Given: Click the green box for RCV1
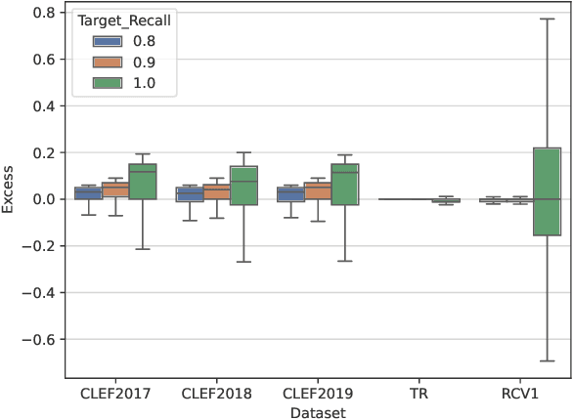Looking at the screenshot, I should pyautogui.click(x=547, y=191).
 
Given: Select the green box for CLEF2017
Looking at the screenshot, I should pyautogui.click(x=143, y=182).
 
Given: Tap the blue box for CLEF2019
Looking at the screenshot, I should pyautogui.click(x=290, y=194).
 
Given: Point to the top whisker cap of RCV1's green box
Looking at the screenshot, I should pyautogui.click(x=547, y=19).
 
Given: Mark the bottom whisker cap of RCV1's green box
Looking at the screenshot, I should pyautogui.click(x=547, y=361).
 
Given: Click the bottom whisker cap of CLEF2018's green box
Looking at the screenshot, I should pyautogui.click(x=243, y=262).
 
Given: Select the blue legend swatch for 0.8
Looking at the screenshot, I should pyautogui.click(x=107, y=41).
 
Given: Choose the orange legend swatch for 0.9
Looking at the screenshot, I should pyautogui.click(x=107, y=63).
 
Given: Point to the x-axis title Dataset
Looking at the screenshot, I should pyautogui.click(x=318, y=412).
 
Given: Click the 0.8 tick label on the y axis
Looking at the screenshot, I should pyautogui.click(x=42, y=12).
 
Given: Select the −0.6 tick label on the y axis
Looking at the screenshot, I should pyautogui.click(x=38, y=340).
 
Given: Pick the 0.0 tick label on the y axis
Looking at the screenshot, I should pyautogui.click(x=42, y=199).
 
